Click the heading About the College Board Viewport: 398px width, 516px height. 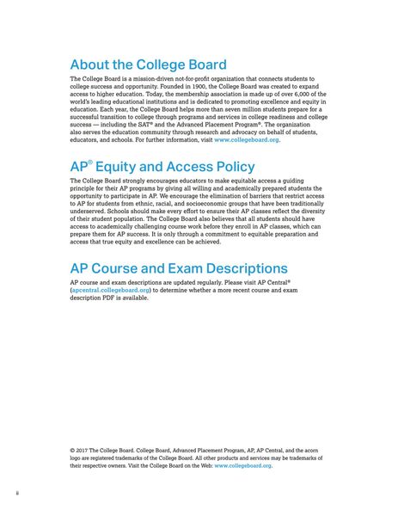(x=148, y=65)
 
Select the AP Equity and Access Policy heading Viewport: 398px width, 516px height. (x=162, y=167)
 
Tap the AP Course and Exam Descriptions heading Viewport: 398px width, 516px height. (x=178, y=268)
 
